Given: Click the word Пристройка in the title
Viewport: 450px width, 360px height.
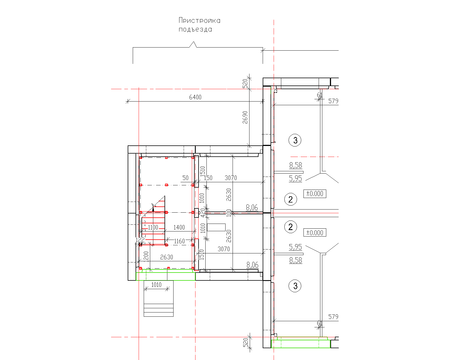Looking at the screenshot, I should (x=199, y=21).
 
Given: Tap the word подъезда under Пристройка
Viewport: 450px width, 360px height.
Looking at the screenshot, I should (x=195, y=30).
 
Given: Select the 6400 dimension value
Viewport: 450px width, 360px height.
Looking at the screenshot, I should (x=195, y=97).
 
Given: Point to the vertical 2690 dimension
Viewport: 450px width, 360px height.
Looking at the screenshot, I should (x=245, y=117).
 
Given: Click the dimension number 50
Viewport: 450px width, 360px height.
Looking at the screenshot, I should (x=185, y=178).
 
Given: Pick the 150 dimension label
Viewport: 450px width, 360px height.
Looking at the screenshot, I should (x=208, y=178).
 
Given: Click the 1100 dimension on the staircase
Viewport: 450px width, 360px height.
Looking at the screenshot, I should (x=153, y=228).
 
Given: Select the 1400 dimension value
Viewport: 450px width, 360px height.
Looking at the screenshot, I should (x=179, y=228).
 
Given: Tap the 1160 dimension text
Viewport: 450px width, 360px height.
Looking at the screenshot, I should (x=179, y=241).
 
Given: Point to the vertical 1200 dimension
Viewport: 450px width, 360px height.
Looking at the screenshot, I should (x=146, y=256).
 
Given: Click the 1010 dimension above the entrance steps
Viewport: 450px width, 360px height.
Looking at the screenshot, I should (x=156, y=285).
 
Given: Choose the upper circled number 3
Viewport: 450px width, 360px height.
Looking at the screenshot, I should (x=295, y=140).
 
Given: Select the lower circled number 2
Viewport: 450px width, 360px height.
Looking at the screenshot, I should (x=291, y=227).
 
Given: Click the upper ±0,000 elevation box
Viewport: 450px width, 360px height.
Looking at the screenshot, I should (x=315, y=194).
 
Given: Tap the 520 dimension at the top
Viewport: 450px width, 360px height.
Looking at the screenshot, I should (x=245, y=83).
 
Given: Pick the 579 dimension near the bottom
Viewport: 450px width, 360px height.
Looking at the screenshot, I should (x=333, y=317).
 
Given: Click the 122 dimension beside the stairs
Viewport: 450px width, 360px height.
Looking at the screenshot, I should (x=140, y=240).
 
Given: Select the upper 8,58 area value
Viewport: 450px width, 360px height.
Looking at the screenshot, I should (x=296, y=165).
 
